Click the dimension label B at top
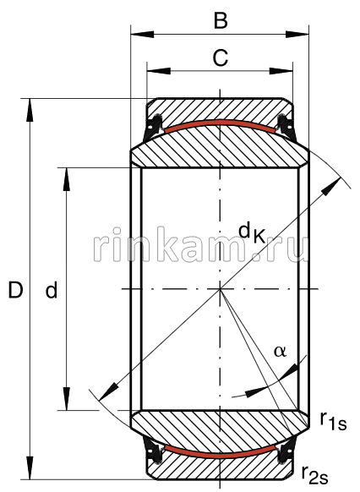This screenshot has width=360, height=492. pos(220,20)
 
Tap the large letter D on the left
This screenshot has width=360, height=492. pos(15,291)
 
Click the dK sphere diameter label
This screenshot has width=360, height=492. pos(252,231)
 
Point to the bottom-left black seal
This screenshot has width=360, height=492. pos(153,455)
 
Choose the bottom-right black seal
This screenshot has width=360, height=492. pos(286,455)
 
